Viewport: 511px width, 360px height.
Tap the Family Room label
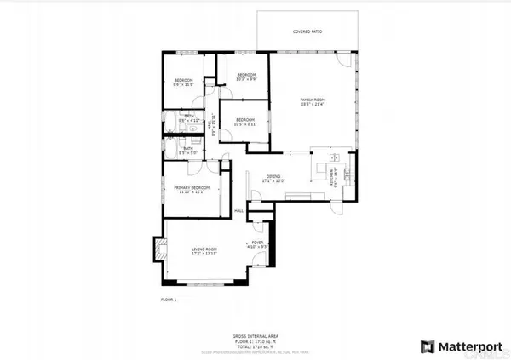tap(313, 101)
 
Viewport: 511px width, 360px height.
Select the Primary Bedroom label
tap(192, 189)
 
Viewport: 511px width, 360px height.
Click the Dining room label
tap(272, 178)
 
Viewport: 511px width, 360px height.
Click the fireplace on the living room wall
tap(158, 250)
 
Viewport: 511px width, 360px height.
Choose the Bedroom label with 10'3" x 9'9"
tap(246, 77)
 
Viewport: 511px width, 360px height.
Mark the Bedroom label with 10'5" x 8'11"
tap(244, 121)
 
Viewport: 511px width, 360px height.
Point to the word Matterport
tap(470, 346)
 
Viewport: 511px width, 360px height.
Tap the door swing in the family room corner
tap(342, 60)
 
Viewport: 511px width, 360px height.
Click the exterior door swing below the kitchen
tap(342, 205)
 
